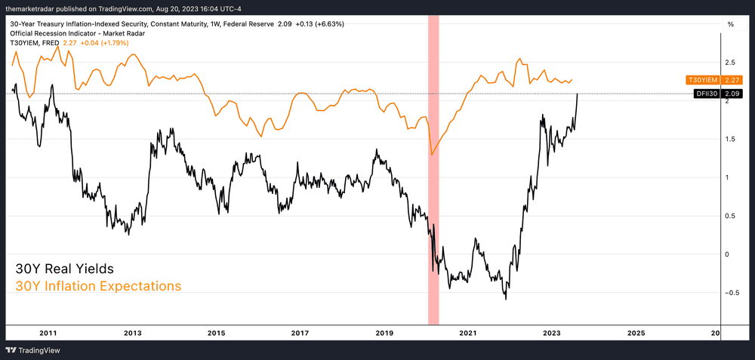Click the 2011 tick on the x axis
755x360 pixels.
pyautogui.click(x=48, y=333)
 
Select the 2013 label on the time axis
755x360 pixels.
pyautogui.click(x=132, y=333)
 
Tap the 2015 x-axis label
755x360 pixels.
pyautogui.click(x=217, y=333)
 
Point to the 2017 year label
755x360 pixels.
pyautogui.click(x=300, y=333)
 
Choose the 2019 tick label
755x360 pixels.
pyautogui.click(x=384, y=333)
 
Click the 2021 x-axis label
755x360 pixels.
pyautogui.click(x=468, y=333)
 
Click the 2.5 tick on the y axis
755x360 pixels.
pyautogui.click(x=730, y=62)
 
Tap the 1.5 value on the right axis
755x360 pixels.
pyautogui.click(x=730, y=139)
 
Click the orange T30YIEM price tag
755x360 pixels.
pyautogui.click(x=713, y=79)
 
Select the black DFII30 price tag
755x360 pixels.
pyautogui.click(x=718, y=94)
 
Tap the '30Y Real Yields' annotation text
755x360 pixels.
pyautogui.click(x=64, y=269)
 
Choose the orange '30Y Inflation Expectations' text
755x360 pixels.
pyautogui.click(x=98, y=287)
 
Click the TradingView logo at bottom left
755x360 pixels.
pyautogui.click(x=33, y=350)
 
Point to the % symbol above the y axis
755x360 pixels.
pyautogui.click(x=730, y=24)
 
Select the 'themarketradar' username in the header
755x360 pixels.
pyautogui.click(x=33, y=8)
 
